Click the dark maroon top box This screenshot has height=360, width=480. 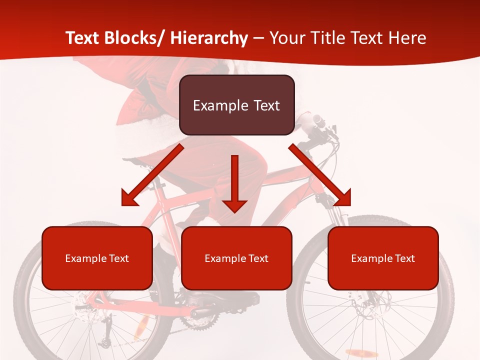pos(236,105)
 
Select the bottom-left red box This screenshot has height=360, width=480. pos(97,258)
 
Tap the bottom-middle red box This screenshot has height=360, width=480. pos(236,258)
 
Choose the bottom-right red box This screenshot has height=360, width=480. pos(383,258)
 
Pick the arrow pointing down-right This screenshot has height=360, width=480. pos(320,175)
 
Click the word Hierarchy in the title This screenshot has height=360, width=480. pos(209,38)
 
